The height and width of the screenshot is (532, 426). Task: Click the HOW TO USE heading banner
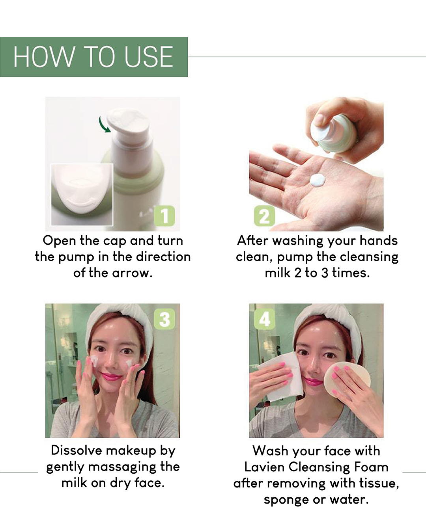94,57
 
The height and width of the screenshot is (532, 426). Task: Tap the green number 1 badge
164,216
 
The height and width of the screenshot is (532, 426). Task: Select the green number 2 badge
265,216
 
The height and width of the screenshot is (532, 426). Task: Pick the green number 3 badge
164,319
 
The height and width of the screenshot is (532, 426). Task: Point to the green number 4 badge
265,319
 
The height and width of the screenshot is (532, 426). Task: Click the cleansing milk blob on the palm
318,180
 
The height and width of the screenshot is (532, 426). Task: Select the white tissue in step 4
280,377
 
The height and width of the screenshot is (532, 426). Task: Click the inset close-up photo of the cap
82,195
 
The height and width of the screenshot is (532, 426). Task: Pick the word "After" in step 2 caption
252,240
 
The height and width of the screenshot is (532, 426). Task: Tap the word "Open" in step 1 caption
59,241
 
